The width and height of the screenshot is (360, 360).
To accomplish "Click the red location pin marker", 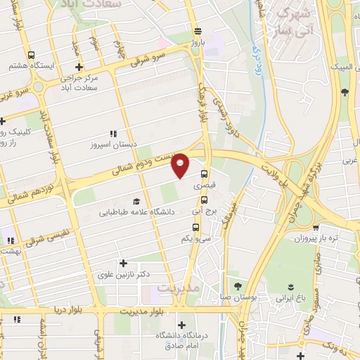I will tap(181, 165).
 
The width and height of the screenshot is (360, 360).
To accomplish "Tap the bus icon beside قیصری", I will tap(205, 174).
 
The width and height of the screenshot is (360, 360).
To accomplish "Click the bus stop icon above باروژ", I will tap(199, 30).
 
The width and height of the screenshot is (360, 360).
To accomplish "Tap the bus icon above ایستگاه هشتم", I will tap(31, 55).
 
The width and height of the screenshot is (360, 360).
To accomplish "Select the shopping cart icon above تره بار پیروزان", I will tap(317, 228).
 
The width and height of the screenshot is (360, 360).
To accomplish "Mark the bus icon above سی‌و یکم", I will tap(195, 227).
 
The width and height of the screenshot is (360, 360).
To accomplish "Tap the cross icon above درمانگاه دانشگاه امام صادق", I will tap(182, 325).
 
